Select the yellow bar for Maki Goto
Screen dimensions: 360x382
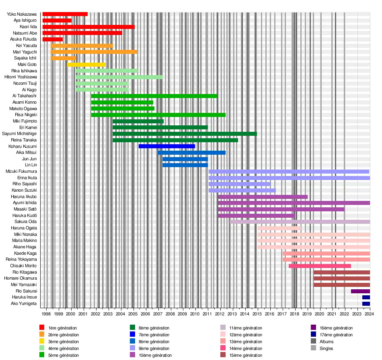pos(86,65)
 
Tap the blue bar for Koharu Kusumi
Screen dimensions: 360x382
pos(167,146)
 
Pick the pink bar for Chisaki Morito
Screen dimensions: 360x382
pos(320,266)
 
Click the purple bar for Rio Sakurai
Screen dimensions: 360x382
pos(360,291)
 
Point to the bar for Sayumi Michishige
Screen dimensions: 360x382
pos(185,134)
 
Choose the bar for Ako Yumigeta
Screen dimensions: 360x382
pos(366,304)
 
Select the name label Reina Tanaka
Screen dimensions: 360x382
pos(25,140)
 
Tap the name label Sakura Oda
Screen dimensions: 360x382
pos(26,222)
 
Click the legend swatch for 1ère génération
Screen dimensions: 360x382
pos(42,328)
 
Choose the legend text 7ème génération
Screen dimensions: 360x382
pos(154,335)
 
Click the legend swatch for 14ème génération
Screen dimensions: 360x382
pos(223,349)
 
